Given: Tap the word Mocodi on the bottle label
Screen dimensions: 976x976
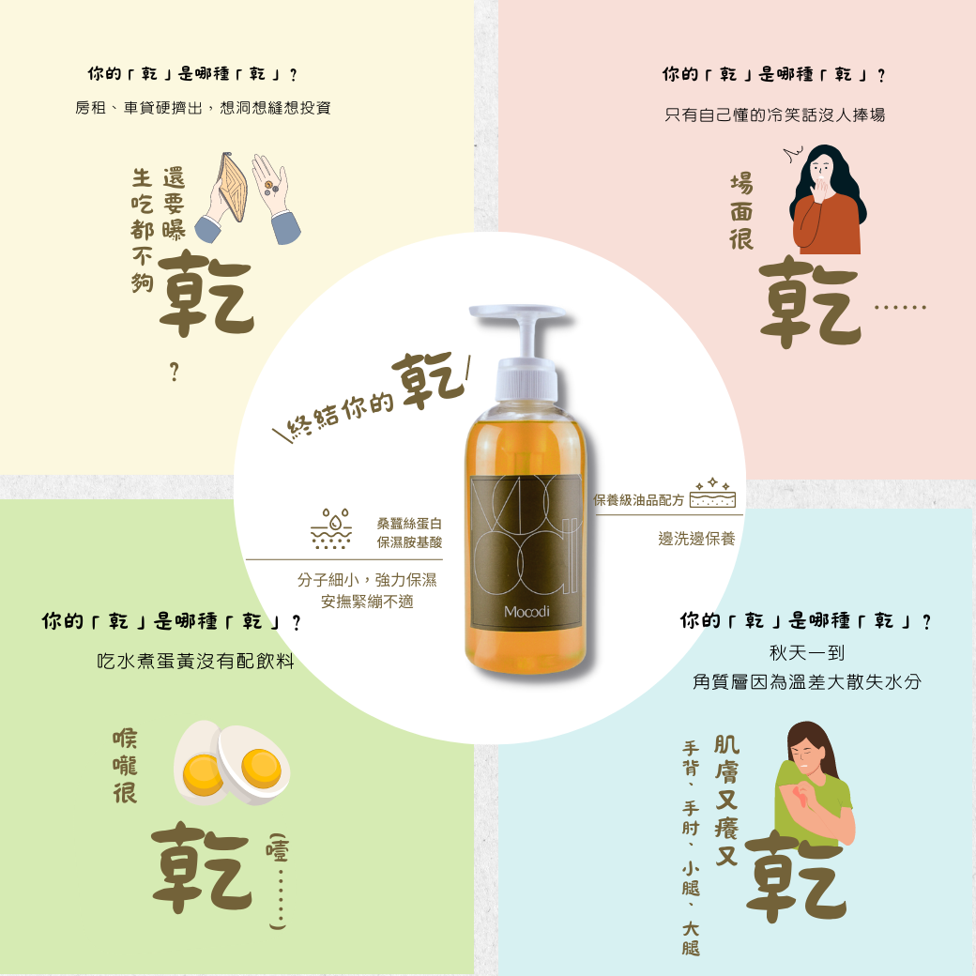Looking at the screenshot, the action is click(526, 612).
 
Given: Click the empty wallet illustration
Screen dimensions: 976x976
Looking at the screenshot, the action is click(231, 187).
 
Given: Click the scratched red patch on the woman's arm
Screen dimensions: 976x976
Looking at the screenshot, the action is click(799, 797).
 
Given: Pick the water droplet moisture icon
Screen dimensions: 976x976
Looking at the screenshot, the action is click(331, 528).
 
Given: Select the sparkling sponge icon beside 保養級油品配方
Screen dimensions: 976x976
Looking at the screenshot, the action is click(712, 494).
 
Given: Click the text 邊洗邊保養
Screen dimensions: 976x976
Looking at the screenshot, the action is click(696, 539).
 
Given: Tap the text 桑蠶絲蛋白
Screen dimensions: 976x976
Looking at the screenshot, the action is click(409, 524).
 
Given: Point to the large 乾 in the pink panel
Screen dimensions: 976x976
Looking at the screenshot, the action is click(810, 301).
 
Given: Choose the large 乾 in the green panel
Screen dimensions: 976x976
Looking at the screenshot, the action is click(202, 867).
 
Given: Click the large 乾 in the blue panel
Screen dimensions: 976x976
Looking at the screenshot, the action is click(796, 876).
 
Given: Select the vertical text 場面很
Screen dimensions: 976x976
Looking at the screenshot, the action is click(741, 212).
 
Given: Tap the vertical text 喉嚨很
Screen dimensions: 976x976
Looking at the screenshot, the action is click(125, 766).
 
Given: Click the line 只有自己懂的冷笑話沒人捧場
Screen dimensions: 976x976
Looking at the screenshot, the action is click(774, 114).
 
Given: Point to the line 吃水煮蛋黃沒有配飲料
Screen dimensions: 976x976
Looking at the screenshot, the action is click(195, 661).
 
